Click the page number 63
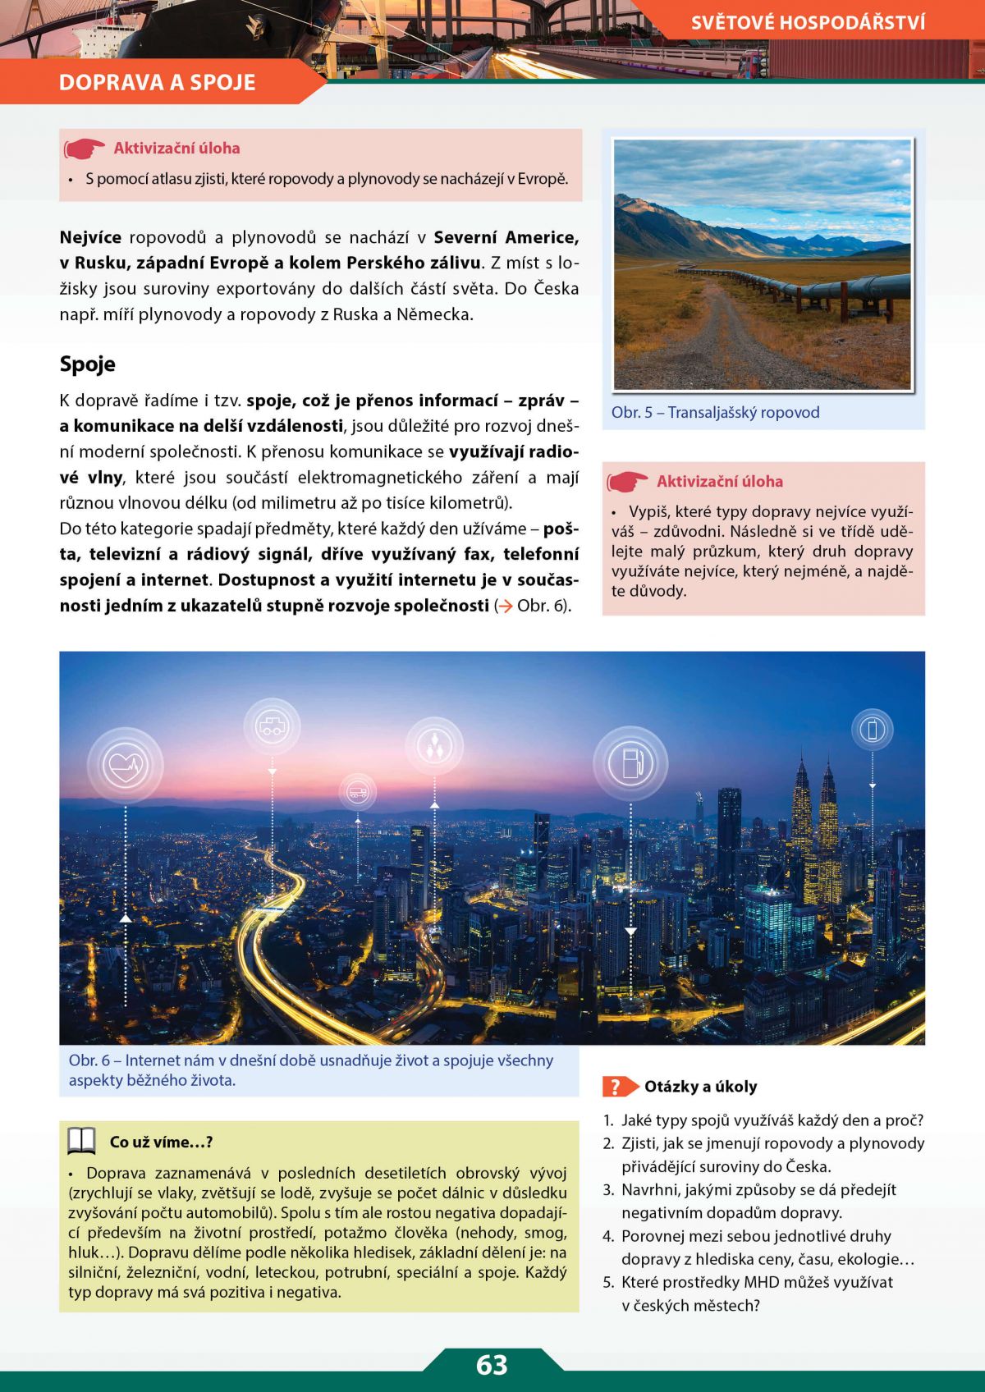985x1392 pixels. [x=492, y=1364]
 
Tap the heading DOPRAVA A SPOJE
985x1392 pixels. [x=157, y=82]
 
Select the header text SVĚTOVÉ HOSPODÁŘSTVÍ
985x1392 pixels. [x=808, y=22]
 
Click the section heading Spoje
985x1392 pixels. [x=88, y=364]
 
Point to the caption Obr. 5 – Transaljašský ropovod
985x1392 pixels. [x=715, y=412]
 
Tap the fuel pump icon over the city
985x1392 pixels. [x=630, y=763]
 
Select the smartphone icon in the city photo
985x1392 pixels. [x=872, y=729]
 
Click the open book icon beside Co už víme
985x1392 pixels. [x=81, y=1141]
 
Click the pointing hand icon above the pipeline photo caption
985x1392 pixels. [x=628, y=481]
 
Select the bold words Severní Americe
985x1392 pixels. [x=506, y=237]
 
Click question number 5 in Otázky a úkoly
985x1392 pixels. [x=608, y=1282]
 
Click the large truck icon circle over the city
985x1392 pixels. [x=272, y=726]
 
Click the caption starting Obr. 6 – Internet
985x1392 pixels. [x=311, y=1069]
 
